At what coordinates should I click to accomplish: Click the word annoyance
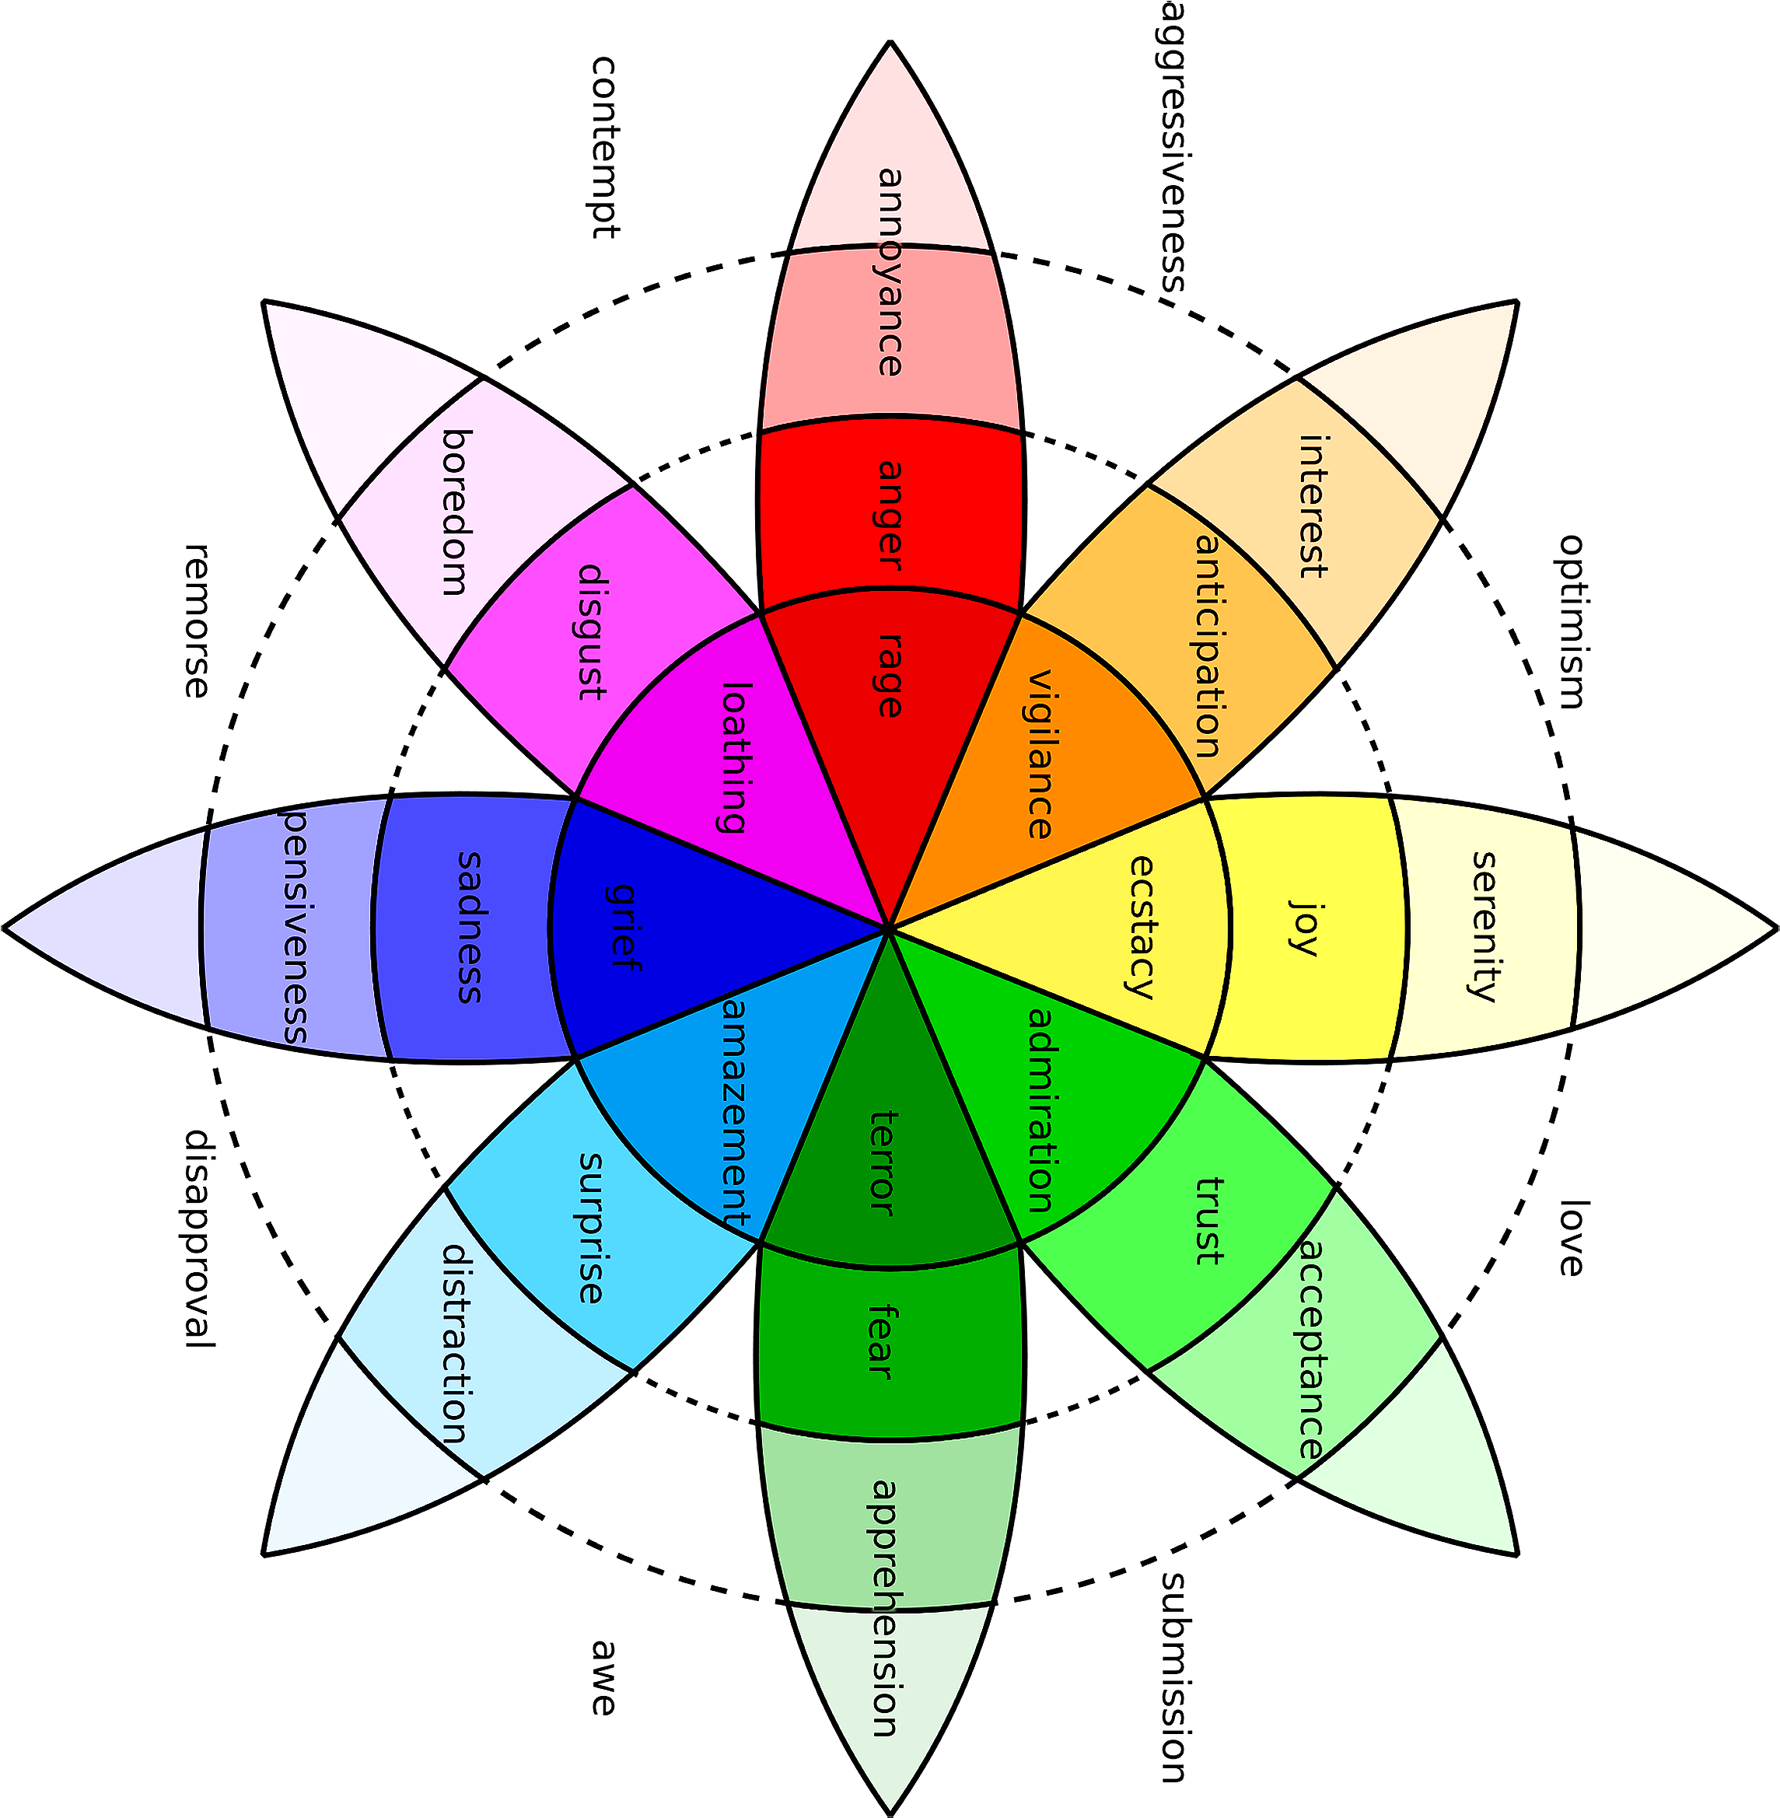coord(890,271)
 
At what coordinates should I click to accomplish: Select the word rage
coord(890,675)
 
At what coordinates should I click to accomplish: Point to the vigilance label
coord(1040,753)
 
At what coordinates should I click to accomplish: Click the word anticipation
coord(1208,645)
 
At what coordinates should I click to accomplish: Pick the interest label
coord(1313,505)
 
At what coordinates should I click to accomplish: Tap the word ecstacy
coord(1142,926)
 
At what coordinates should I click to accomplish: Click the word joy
coord(1303,926)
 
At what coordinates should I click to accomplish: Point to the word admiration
coord(1040,1109)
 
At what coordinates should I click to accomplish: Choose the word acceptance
coord(1312,1349)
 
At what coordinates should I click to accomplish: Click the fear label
coord(883,1342)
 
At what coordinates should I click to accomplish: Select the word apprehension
coord(884,1608)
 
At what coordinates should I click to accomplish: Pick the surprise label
coord(590,1226)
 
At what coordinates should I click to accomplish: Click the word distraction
coord(454,1343)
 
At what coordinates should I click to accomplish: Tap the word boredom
coord(454,512)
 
